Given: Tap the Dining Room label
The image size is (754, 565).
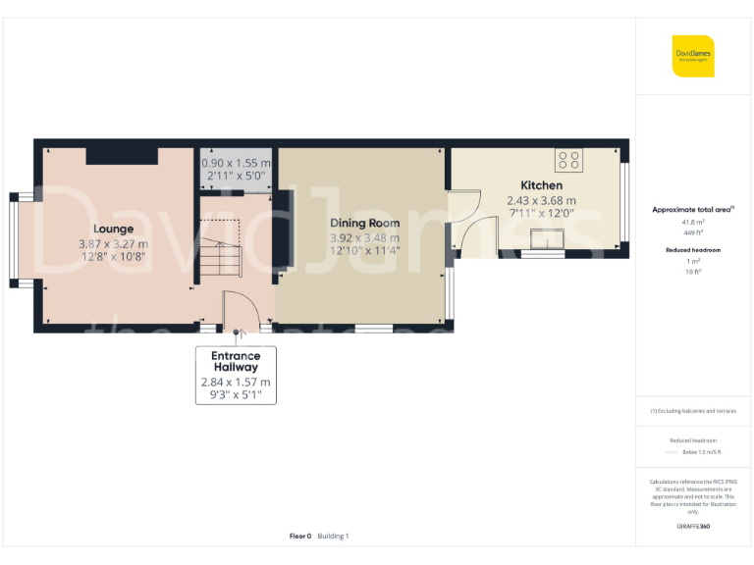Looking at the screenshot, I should tap(364, 223).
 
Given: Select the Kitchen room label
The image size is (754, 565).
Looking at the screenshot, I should tap(541, 185).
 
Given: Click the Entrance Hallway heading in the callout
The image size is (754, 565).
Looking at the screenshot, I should tap(236, 361).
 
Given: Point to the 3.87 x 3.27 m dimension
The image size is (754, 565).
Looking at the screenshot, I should tap(114, 244).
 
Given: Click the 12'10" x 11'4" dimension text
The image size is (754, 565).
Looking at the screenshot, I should tap(364, 252).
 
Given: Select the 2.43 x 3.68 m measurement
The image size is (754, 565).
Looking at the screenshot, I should tap(541, 201).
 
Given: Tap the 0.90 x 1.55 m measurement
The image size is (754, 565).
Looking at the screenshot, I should tap(235, 163).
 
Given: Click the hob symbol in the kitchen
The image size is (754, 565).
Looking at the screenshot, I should tap(568, 158).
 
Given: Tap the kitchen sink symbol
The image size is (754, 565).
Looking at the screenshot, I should tap(545, 239).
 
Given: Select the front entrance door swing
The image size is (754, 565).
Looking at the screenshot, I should tap(240, 312).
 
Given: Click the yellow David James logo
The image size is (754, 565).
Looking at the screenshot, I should tap(693, 56).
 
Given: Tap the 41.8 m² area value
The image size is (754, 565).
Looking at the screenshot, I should tap(693, 223).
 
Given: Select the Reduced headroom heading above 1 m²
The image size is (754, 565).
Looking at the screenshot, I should tap(693, 250).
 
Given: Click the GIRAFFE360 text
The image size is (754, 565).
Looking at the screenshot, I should tap(693, 527).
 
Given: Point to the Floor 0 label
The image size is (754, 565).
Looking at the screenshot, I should tap(299, 536).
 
